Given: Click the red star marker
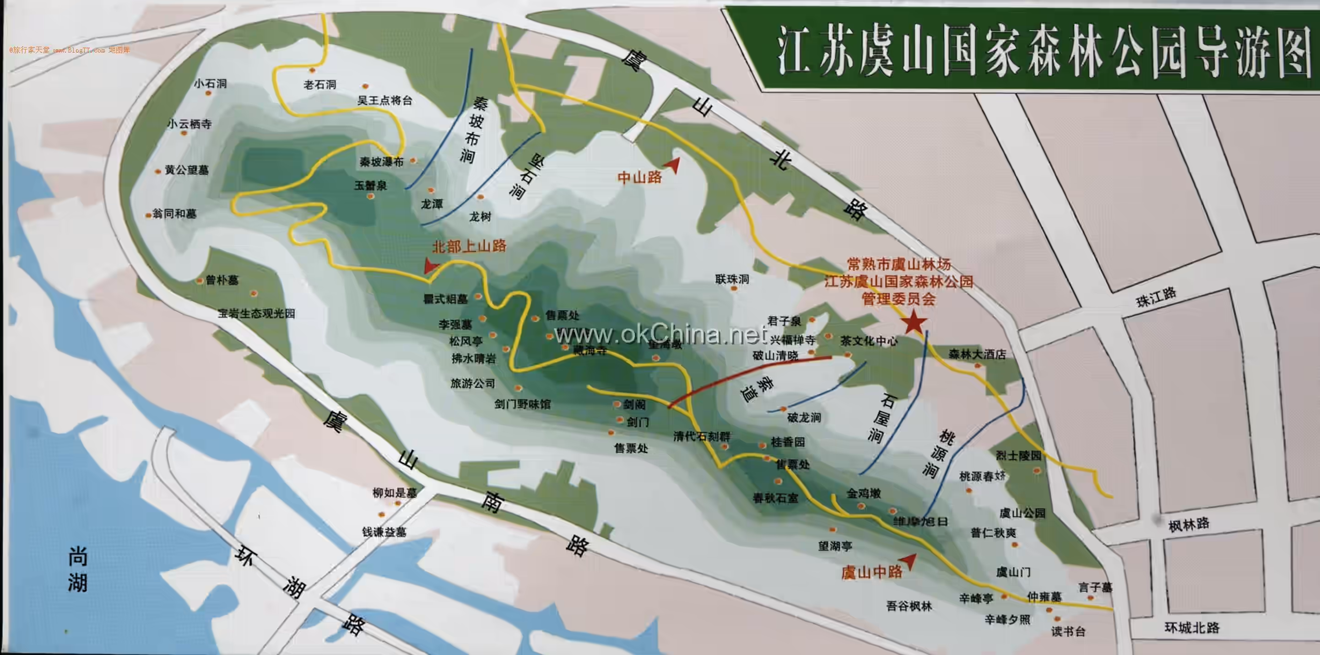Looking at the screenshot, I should (x=914, y=322).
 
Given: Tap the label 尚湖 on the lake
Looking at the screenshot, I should (x=78, y=569).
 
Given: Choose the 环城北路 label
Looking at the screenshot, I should (x=1192, y=628).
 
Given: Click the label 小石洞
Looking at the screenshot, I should (x=210, y=83).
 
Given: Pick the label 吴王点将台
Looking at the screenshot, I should (x=384, y=100).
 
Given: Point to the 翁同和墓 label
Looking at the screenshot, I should (x=175, y=214).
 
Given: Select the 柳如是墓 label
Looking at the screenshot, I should (x=395, y=493).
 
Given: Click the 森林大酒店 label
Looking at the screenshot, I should (x=977, y=354).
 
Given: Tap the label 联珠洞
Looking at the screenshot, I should (x=732, y=279).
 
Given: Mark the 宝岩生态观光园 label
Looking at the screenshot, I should (x=256, y=313).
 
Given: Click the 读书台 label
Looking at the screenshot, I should (x=1068, y=631).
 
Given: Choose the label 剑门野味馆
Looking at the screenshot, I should (x=522, y=404).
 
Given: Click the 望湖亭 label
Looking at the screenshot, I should (x=835, y=546).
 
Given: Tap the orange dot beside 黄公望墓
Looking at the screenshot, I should (x=158, y=172).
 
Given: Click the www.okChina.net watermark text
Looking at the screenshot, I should (x=661, y=334).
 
